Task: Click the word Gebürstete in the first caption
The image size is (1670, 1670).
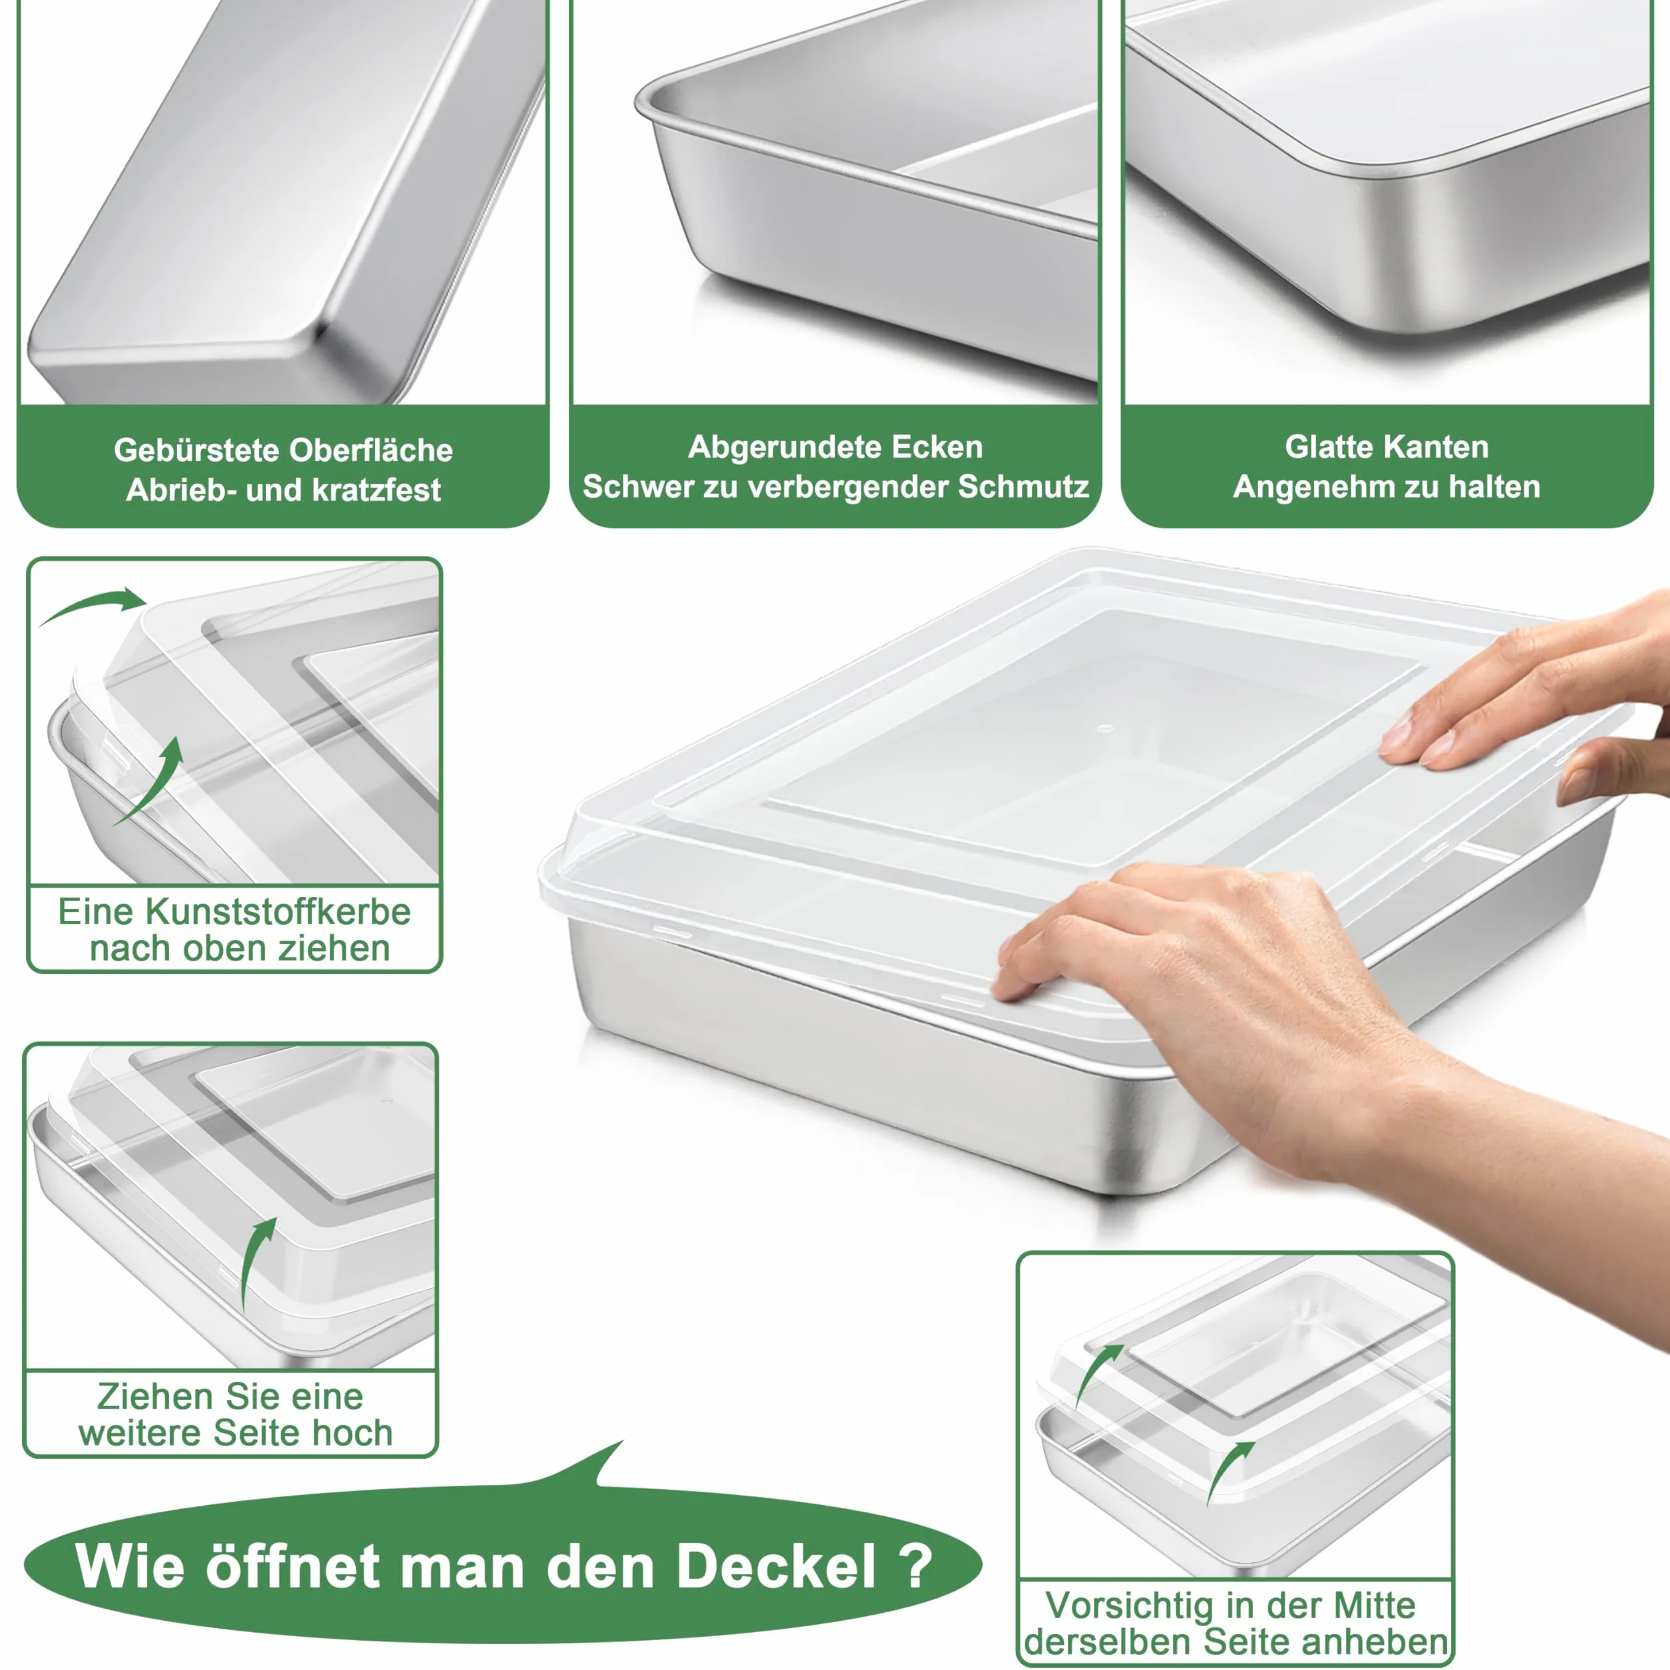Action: [196, 450]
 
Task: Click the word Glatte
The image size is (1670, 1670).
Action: [1333, 447]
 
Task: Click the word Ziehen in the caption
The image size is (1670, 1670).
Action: [156, 1397]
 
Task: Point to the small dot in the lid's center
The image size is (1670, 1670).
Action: [1104, 728]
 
